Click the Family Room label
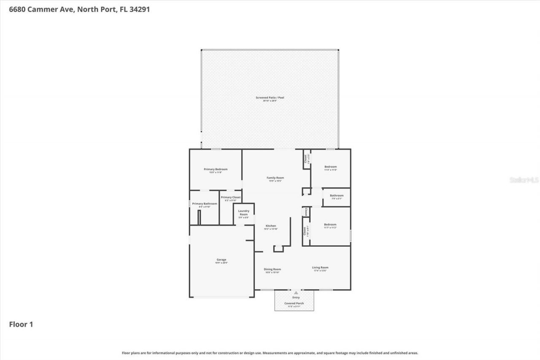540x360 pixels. click(275, 178)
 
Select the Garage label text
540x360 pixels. click(221, 260)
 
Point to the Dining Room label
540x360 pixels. click(272, 269)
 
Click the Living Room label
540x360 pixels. click(320, 268)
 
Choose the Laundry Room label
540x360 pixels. click(244, 213)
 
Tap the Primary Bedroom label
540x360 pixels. click(215, 169)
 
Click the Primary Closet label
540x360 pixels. click(231, 198)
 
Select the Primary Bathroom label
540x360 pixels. click(205, 204)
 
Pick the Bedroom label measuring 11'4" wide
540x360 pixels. click(330, 167)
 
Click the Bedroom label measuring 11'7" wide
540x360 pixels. click(330, 225)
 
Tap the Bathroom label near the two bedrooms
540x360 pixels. click(337, 195)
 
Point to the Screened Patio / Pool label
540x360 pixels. click(270, 98)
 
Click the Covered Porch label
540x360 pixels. click(294, 303)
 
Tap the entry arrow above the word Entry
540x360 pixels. click(296, 292)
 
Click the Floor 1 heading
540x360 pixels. click(21, 325)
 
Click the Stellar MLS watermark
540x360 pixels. click(524, 180)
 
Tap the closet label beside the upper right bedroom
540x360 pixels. click(305, 159)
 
